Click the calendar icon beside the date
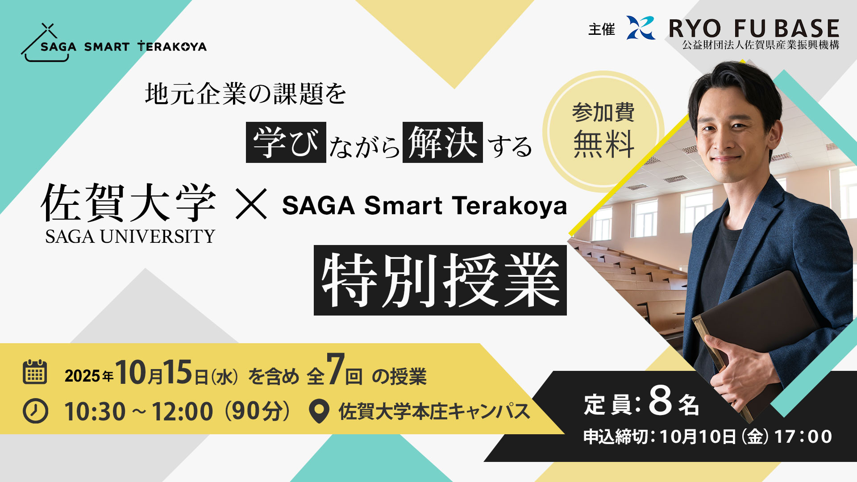coord(34,372)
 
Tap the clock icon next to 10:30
coord(35,411)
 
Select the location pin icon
coord(319,411)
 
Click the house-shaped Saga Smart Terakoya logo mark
coord(46,42)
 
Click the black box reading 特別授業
coord(440,280)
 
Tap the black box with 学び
coord(286,142)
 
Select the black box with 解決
coord(443,142)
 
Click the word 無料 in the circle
coord(603,144)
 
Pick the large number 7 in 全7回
coord(336,369)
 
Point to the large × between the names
coord(251,204)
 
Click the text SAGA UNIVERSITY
coord(130,237)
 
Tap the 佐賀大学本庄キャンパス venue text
coord(434,411)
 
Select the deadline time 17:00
coord(803,436)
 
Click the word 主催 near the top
coord(601,29)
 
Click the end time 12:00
coord(183,411)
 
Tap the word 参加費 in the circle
coord(603,112)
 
